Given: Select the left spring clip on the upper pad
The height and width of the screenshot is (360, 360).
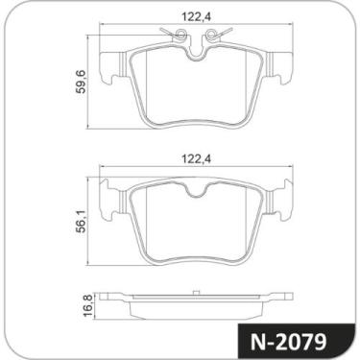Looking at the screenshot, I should point(175,37).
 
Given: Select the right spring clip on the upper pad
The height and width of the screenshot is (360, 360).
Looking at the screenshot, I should point(223,37).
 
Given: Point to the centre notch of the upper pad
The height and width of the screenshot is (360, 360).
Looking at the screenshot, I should point(199,60).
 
